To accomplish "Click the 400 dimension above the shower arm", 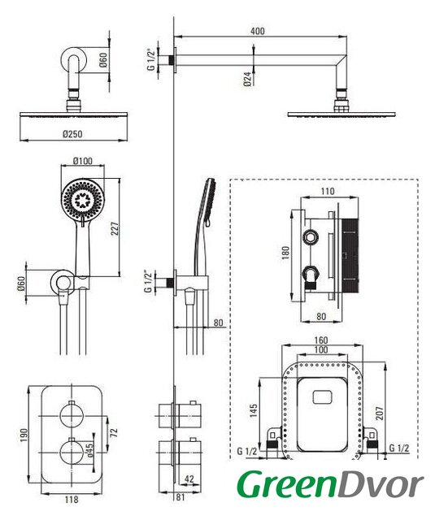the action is point(258,31).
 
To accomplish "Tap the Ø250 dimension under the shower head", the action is point(72,134).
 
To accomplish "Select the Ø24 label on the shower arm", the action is point(247,80).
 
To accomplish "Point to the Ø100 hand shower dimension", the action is point(83,161).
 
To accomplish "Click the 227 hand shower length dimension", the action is point(115,228).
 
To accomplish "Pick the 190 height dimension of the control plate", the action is point(24,435).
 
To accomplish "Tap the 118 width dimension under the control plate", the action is point(72,499).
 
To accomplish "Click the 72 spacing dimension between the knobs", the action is point(114,433).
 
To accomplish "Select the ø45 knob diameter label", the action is point(89,450).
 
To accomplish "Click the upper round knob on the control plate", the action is point(72,415).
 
